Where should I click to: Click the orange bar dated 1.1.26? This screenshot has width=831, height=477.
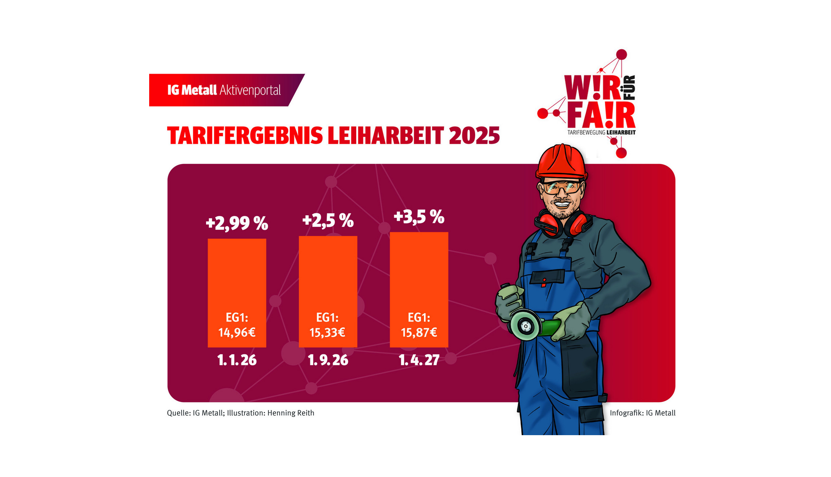point(237,279)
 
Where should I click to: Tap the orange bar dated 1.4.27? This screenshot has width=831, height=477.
point(419,276)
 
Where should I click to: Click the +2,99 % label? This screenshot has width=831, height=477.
point(237,224)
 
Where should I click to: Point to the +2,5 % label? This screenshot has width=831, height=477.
point(328,220)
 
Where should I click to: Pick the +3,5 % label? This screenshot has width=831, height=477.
point(419,217)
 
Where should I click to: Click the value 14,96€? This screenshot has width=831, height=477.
point(237,332)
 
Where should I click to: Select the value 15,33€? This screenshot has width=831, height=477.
point(327,332)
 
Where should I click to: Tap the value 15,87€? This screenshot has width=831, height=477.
point(419,332)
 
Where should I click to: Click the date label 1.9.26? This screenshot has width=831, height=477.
point(328,360)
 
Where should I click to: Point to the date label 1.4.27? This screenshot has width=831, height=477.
point(419,360)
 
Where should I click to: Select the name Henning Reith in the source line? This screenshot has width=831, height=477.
point(291,413)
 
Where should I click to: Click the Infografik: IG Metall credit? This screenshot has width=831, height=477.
point(642,413)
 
